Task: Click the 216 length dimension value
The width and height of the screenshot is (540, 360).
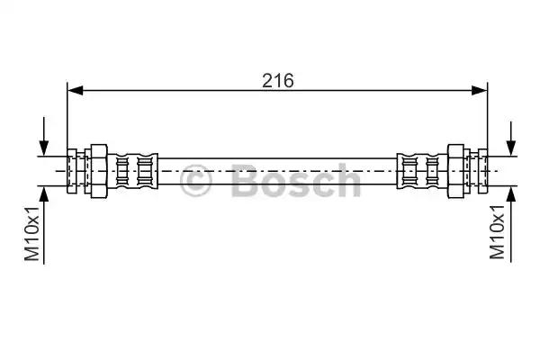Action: [x=278, y=81]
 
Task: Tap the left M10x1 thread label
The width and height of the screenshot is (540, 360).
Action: [x=32, y=234]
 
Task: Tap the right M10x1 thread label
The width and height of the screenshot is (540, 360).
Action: [x=498, y=232]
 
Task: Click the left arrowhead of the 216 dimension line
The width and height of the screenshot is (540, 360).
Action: [x=76, y=91]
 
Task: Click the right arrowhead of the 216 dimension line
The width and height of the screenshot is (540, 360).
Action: [x=480, y=91]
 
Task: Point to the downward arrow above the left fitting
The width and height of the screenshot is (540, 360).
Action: [x=44, y=137]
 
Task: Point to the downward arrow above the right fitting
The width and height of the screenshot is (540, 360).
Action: [x=511, y=139]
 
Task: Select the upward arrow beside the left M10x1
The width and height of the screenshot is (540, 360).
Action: [x=44, y=225]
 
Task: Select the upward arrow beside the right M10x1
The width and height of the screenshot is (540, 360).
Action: [x=511, y=224]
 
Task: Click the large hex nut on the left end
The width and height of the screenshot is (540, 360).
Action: [x=99, y=171]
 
